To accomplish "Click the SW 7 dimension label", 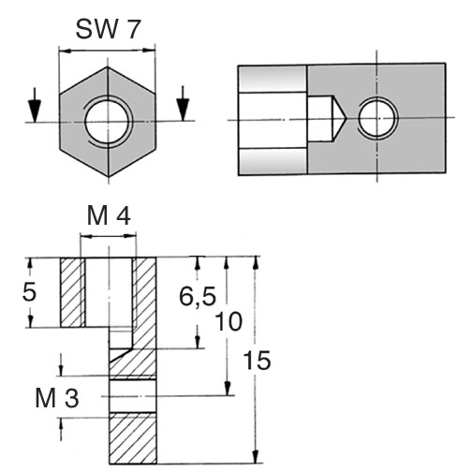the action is coord(108,29).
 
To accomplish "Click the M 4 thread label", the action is coord(109,216).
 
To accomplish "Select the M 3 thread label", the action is coord(57,398).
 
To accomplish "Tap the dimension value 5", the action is coord(29,292).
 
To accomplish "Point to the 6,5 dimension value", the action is coord(198,296).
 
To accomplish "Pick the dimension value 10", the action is coord(229,321).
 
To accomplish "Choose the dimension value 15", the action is coord(257,361).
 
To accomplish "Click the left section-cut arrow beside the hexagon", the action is coord(35,105).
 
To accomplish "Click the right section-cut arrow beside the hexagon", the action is coord(183,103).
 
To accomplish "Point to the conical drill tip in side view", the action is coord(339,119).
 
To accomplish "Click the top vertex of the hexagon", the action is coord(108,66).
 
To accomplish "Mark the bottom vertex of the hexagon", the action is coord(109,177).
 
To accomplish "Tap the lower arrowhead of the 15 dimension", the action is coord(256,456).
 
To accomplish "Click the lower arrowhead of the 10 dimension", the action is coord(228,389).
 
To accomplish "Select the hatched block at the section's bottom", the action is coord(133,438).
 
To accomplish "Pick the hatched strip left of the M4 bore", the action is coord(72,292).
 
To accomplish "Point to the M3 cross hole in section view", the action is coord(133,396).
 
